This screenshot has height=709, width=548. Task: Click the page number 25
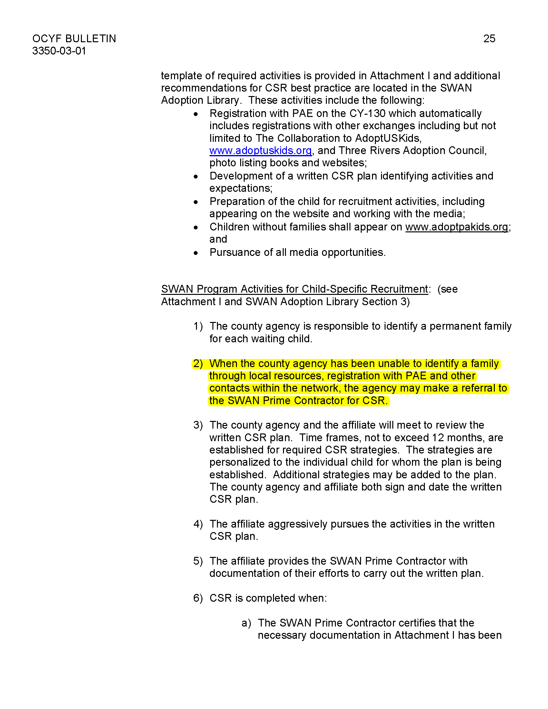(x=489, y=39)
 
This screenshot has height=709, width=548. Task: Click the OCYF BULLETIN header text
(x=74, y=39)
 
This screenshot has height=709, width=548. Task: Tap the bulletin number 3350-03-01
(x=59, y=51)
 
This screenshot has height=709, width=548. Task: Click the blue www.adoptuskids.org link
(x=260, y=151)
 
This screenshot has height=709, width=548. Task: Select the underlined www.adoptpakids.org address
(x=456, y=227)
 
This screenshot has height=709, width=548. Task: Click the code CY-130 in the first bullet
(x=367, y=114)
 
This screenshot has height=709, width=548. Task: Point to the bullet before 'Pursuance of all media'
(x=196, y=253)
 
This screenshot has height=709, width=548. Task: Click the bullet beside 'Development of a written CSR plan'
(x=196, y=177)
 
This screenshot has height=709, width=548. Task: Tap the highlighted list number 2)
(x=198, y=364)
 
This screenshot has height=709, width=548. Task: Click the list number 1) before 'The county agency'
(x=198, y=326)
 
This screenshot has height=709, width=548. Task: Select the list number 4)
(x=198, y=524)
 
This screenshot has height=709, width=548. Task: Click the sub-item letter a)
(x=246, y=623)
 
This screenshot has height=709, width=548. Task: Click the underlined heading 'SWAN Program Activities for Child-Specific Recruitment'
(x=294, y=289)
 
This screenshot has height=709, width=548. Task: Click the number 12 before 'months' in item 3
(x=438, y=438)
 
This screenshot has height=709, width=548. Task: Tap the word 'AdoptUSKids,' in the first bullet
(x=388, y=138)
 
